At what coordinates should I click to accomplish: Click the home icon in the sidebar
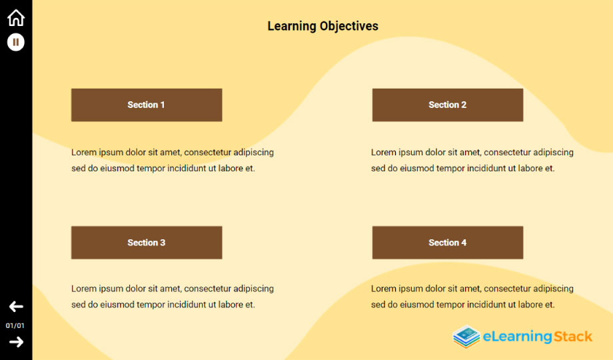pos(16,18)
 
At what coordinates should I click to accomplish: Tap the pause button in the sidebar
pos(15,42)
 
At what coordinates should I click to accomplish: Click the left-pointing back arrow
pos(16,307)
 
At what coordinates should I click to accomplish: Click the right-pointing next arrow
pos(16,342)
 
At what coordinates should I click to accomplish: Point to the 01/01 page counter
pos(15,325)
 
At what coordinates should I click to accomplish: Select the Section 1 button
pos(147,105)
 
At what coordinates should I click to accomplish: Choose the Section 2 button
pos(448,105)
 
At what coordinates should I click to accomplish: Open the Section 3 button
pos(147,243)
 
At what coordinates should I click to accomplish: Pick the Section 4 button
pos(448,243)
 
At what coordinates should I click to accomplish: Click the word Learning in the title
pos(292,26)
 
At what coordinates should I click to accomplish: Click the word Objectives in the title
pos(348,26)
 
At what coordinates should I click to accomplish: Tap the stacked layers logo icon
pos(466,337)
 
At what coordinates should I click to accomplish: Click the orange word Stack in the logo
pos(573,337)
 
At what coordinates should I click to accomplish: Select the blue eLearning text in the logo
pos(518,337)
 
